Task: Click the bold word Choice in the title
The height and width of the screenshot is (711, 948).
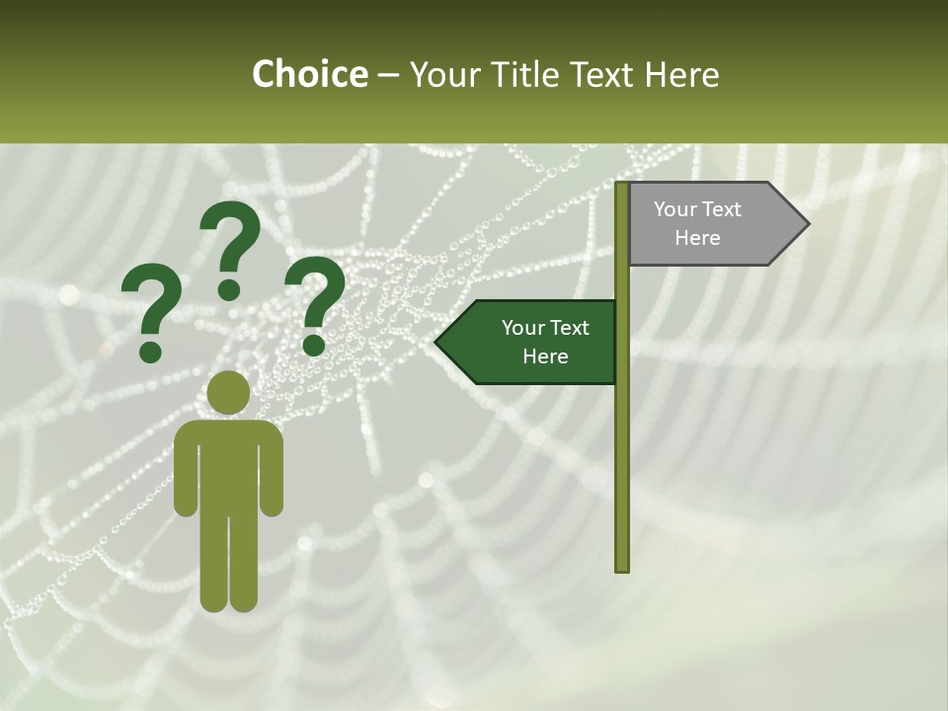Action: [x=309, y=74]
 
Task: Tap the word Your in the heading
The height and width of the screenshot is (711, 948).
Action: [x=444, y=74]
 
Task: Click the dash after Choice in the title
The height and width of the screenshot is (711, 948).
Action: [x=388, y=75]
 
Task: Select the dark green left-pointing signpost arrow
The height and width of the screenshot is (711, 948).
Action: [x=528, y=342]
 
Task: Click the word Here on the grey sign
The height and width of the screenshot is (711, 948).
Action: [x=697, y=238]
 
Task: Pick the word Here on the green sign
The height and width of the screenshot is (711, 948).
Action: [x=545, y=356]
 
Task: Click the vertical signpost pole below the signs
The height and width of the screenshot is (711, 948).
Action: [x=622, y=474]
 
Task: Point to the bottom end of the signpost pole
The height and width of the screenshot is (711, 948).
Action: [x=622, y=568]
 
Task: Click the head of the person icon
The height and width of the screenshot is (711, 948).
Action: [x=228, y=392]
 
